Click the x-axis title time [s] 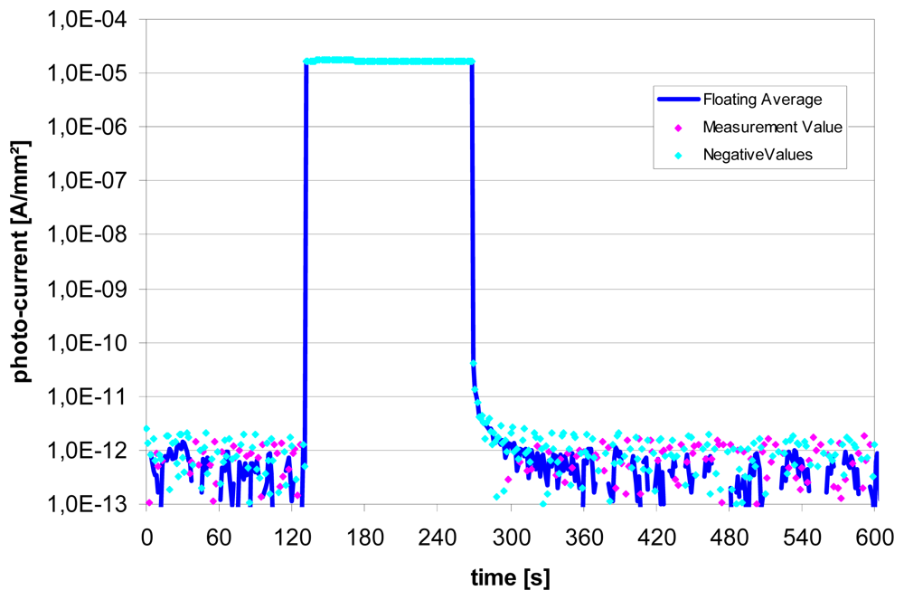point(510,576)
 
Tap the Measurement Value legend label point(772,128)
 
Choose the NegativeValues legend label point(758,155)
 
